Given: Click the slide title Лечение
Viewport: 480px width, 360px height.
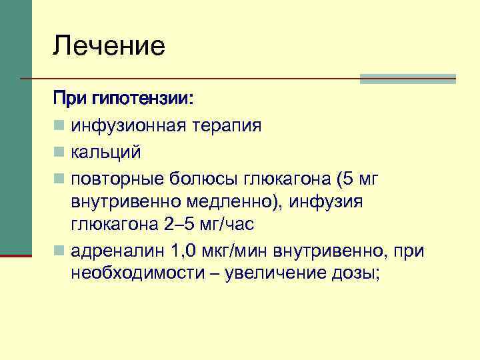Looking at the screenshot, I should pos(109,47).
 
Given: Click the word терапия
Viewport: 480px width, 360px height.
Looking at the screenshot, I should pos(227,125).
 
